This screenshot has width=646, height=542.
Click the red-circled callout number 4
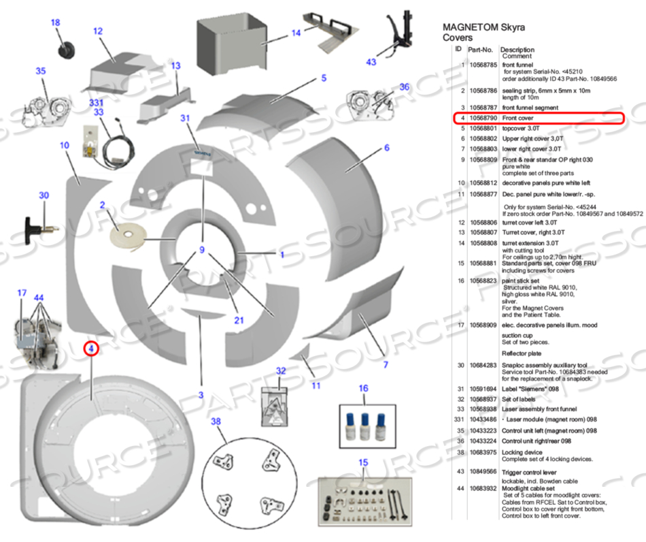91,349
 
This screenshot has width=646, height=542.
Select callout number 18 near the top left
56,22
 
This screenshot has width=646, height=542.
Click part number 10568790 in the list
482,118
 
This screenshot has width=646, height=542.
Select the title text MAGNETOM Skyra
484,27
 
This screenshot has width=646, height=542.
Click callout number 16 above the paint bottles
363,388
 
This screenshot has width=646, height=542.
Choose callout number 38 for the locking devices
216,421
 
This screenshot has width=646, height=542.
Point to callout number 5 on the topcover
324,78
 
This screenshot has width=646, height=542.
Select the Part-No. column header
480,50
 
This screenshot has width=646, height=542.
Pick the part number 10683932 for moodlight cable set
482,489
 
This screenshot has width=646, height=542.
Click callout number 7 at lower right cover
386,364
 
